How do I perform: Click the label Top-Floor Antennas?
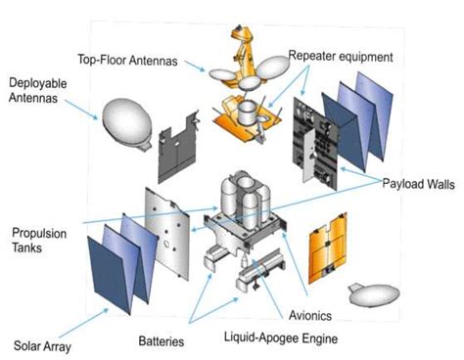(127, 61)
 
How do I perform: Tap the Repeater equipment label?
(341, 56)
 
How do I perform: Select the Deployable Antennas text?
(38, 90)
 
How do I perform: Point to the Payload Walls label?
(418, 184)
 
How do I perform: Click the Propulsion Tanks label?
(39, 241)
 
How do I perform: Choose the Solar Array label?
(42, 346)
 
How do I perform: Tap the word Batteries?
(162, 341)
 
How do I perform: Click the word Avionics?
(310, 315)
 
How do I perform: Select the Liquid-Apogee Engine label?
(281, 337)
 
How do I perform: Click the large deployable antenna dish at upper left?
(127, 122)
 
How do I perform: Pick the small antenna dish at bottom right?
(374, 294)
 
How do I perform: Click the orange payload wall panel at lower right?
(328, 248)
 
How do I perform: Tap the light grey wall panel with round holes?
(167, 234)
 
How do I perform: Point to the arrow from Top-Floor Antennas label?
(195, 66)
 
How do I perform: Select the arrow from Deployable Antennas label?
(81, 110)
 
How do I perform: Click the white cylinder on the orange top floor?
(247, 113)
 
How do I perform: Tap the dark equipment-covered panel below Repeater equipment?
(315, 144)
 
